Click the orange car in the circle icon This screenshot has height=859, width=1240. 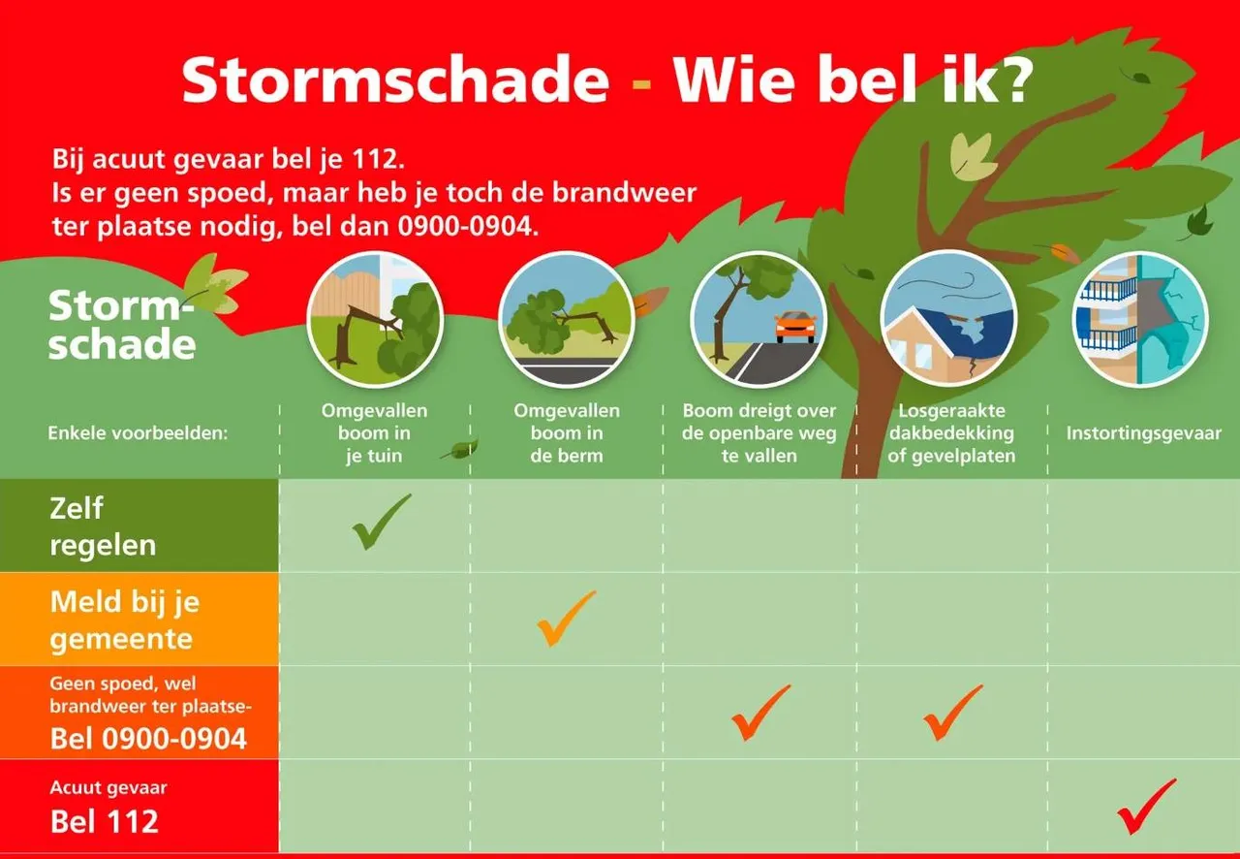point(796,327)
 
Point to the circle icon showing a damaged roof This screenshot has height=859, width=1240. point(948,319)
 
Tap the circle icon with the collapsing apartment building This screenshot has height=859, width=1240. point(1140,319)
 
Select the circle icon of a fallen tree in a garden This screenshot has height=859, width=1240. point(375,319)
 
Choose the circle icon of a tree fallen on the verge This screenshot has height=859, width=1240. point(567,319)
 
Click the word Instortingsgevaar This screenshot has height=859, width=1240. point(1144,432)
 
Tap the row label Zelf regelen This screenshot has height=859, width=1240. point(103,526)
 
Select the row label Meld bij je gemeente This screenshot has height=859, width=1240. point(125,620)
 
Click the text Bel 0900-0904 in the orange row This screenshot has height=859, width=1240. point(148,739)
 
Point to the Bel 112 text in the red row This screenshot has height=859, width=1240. point(104,821)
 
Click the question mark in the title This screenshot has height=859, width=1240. point(1010,80)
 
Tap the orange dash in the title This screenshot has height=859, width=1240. point(641,84)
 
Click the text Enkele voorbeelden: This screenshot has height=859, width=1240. point(138,432)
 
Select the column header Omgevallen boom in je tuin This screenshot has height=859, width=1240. point(374,432)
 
